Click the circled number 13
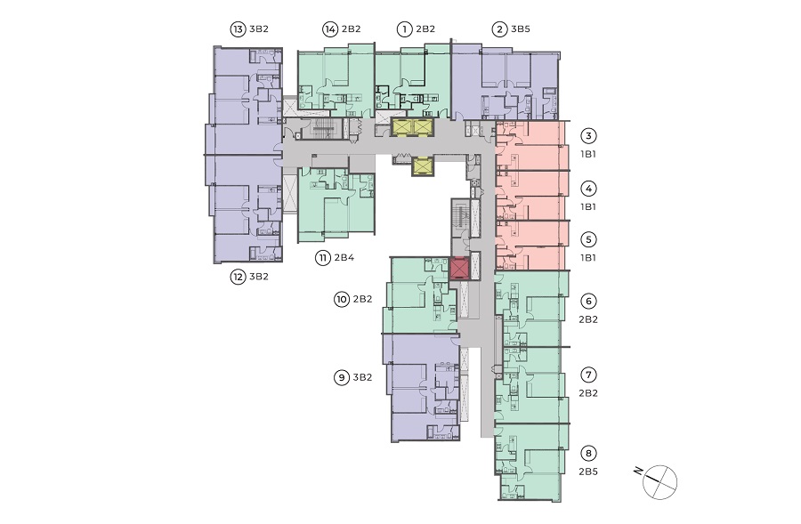[x=238, y=29]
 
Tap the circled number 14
[x=330, y=29]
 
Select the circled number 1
[x=405, y=29]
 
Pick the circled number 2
[x=499, y=29]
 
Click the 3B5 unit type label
[x=521, y=29]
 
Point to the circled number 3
[x=588, y=136]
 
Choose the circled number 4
[x=588, y=189]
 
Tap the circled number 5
[x=588, y=239]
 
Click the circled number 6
[x=588, y=302]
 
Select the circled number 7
[x=588, y=375]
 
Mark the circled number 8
[x=588, y=454]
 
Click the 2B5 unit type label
[x=588, y=472]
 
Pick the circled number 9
[x=342, y=378]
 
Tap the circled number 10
[x=342, y=300]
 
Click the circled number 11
[x=323, y=258]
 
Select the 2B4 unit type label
[x=344, y=258]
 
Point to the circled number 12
[x=238, y=278]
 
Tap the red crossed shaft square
[x=459, y=269]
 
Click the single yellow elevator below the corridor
[x=423, y=166]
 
